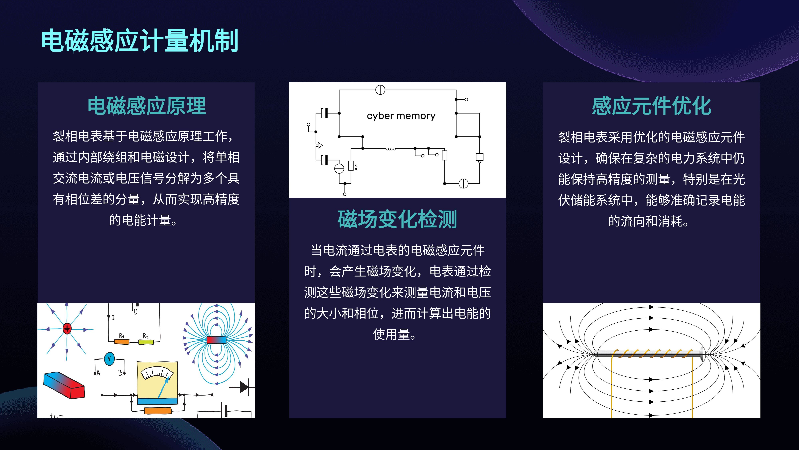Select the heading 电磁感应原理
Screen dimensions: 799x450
(x=147, y=106)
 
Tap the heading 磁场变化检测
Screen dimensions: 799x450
(x=397, y=219)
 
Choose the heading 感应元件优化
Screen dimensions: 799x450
(x=651, y=106)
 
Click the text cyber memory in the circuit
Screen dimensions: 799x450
(x=401, y=116)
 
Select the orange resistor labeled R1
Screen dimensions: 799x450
(x=122, y=342)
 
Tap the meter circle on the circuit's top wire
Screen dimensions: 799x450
(x=380, y=90)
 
